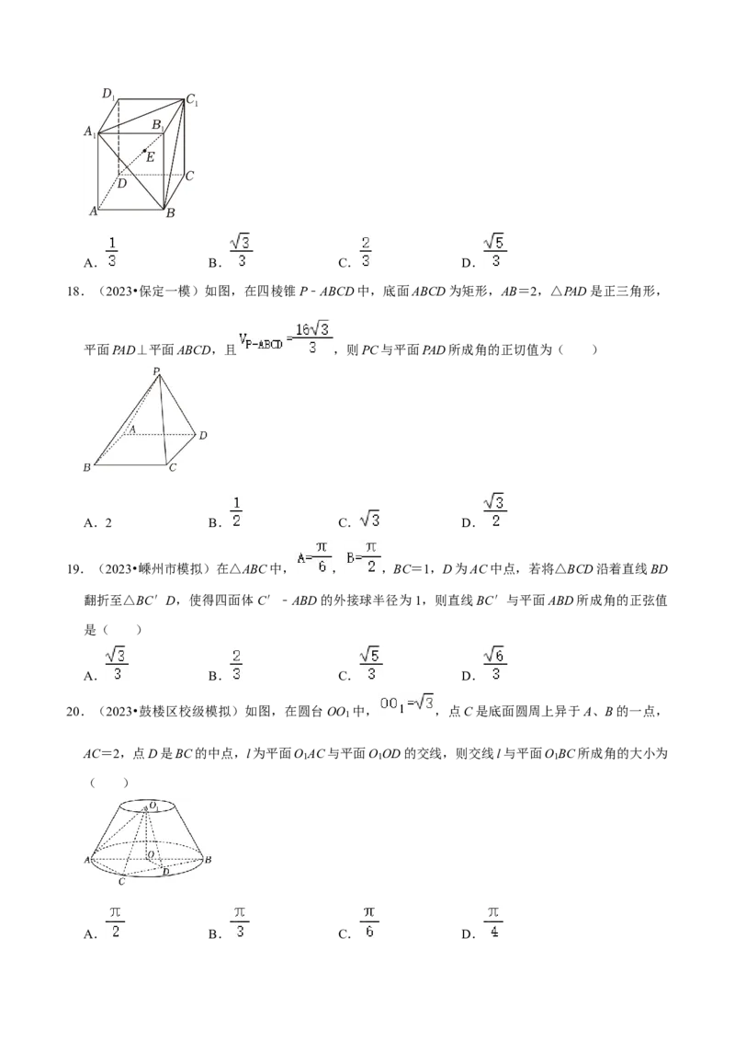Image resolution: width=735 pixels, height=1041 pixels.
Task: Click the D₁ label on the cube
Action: click(108, 93)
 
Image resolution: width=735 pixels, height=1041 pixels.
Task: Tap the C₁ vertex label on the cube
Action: click(192, 99)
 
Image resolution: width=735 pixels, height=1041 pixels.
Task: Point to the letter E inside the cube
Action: click(151, 157)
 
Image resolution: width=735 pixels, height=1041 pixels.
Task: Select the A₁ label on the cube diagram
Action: click(90, 132)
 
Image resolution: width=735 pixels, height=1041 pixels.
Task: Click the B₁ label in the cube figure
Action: click(158, 124)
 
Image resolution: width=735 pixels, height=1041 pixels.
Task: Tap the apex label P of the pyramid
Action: click(156, 371)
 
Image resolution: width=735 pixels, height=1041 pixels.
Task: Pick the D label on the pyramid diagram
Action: click(203, 435)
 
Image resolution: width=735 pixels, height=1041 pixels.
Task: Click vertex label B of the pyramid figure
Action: click(86, 468)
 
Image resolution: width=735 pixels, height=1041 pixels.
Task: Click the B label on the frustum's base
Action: click(209, 860)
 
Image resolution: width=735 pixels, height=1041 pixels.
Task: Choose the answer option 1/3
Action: click(113, 250)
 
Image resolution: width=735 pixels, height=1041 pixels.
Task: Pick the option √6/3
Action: click(495, 662)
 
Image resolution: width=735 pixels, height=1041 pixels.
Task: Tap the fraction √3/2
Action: click(495, 509)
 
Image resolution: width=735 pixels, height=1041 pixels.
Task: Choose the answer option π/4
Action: click(492, 920)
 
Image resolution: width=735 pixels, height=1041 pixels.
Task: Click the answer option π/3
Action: click(238, 920)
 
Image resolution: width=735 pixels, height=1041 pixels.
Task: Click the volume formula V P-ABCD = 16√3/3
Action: click(287, 337)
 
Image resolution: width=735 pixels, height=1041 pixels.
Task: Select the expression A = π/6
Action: click(315, 556)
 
